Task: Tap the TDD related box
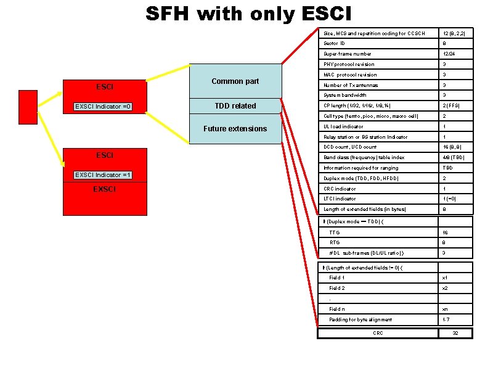click(x=235, y=106)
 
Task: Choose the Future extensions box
click(x=235, y=129)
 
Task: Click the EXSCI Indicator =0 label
click(x=103, y=107)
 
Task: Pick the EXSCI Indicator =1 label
click(x=103, y=175)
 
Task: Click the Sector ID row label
click(x=335, y=44)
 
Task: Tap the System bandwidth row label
click(x=345, y=96)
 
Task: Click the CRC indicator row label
click(x=340, y=189)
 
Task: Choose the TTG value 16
click(x=445, y=232)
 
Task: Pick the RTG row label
click(x=335, y=243)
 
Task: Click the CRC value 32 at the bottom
click(x=455, y=333)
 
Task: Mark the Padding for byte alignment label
click(x=361, y=319)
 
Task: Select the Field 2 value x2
click(x=445, y=288)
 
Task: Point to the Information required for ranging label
click(x=361, y=168)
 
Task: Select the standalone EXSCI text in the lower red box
click(x=104, y=189)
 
